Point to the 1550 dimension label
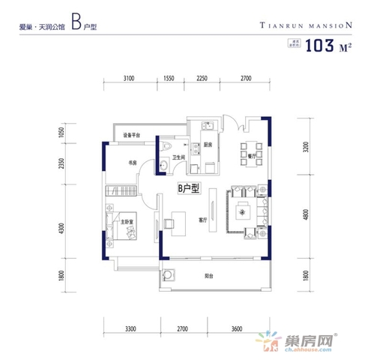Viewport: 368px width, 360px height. click(x=169, y=78)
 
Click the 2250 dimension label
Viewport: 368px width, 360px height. click(x=202, y=78)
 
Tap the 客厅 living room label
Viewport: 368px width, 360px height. click(x=202, y=220)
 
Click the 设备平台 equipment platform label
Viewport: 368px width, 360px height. click(x=134, y=135)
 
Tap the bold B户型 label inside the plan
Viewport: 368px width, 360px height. click(x=189, y=190)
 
